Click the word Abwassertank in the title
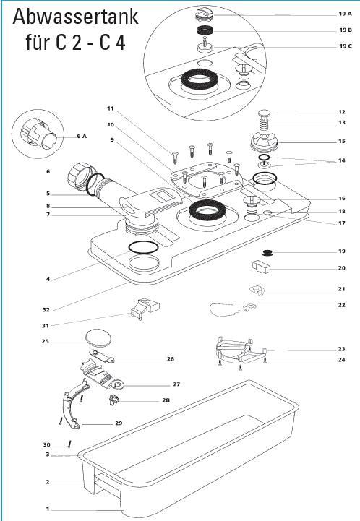point(75,17)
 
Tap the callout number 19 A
point(345,14)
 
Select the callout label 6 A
point(82,137)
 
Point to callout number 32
point(46,310)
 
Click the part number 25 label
point(46,341)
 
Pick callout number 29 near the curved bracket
point(119,423)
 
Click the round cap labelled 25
point(99,338)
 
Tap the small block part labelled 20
point(261,267)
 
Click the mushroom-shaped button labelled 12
point(265,113)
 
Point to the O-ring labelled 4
point(143,247)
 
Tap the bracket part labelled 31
point(145,309)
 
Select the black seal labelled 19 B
point(205,30)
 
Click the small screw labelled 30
point(69,444)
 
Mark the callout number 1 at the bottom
point(48,509)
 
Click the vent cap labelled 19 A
point(204,14)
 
